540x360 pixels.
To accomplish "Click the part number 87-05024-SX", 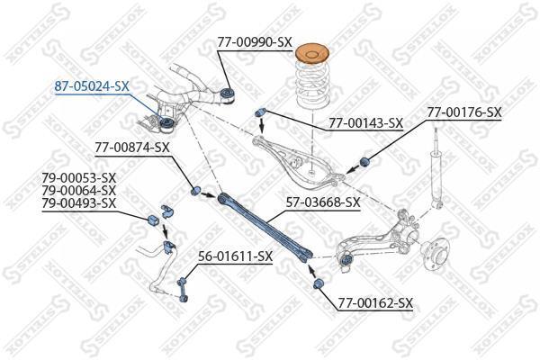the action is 92,86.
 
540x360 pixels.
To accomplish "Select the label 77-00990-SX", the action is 255,42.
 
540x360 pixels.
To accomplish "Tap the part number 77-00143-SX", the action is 365,122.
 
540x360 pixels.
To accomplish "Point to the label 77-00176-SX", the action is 464,112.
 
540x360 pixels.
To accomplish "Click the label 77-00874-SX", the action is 132,148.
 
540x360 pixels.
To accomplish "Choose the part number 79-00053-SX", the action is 79,178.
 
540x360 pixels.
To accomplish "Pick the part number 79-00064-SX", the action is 79,190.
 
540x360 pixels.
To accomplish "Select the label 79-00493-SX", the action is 79,202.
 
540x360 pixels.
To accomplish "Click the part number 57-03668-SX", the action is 323,202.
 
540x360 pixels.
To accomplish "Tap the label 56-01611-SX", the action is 235,256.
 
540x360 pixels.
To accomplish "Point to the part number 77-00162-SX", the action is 375,303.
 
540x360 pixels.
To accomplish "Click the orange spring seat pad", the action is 312,54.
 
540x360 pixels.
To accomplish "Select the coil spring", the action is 312,85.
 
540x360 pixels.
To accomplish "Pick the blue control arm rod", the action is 265,228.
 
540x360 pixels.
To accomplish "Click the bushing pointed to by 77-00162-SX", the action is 319,284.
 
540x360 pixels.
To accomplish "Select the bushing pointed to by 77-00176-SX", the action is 364,161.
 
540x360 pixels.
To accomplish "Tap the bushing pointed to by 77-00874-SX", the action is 195,190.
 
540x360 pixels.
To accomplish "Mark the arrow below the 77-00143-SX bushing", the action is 262,126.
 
